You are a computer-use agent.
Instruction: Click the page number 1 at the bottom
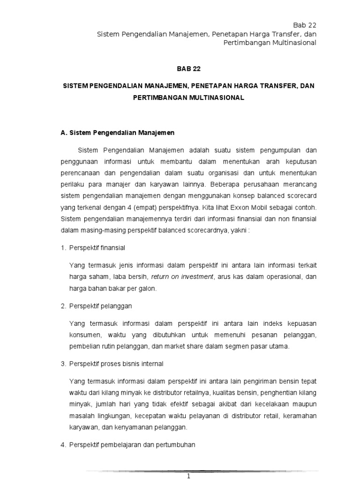(188, 476)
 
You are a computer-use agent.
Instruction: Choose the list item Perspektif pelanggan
(100, 306)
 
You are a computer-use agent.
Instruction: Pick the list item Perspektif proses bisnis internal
(116, 364)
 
